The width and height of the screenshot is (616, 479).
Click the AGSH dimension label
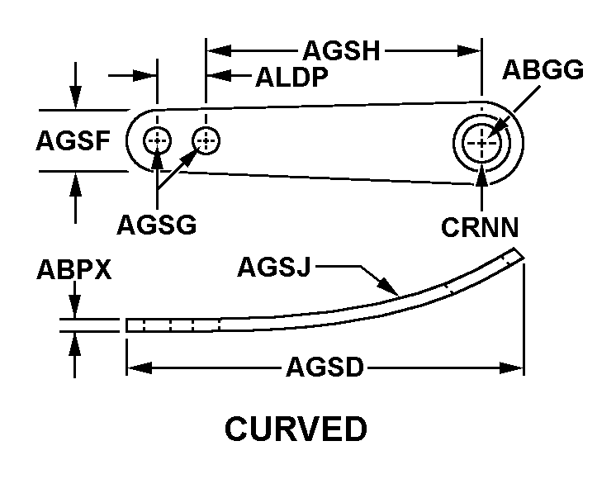(341, 51)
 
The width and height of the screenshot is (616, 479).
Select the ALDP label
(292, 78)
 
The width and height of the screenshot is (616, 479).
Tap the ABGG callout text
(543, 70)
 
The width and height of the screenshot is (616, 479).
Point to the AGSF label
(73, 142)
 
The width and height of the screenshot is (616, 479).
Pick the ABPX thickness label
(73, 270)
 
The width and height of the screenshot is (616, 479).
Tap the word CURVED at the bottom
(296, 430)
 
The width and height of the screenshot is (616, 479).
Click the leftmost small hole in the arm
(157, 141)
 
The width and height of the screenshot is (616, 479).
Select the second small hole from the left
(206, 141)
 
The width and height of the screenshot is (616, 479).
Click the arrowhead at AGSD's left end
(135, 366)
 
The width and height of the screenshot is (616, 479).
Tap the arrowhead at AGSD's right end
(516, 366)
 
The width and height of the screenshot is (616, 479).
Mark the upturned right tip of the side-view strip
(518, 254)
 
